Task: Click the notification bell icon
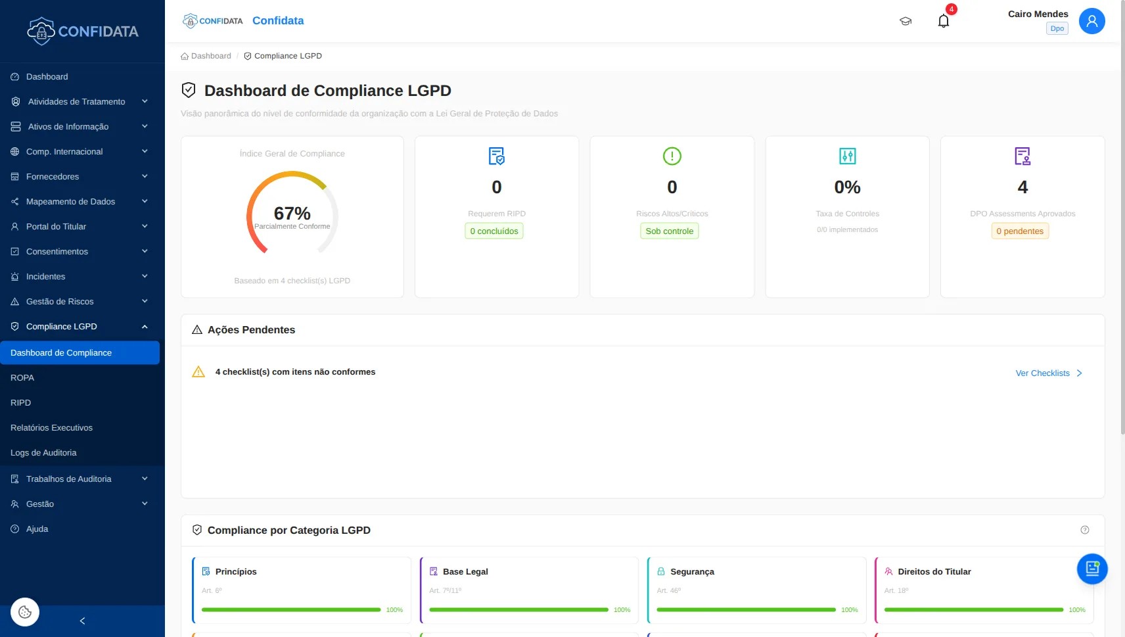[x=944, y=21]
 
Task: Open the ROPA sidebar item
[x=22, y=378]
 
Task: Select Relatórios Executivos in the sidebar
[x=51, y=428]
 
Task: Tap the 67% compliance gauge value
[x=292, y=214]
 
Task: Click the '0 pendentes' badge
[x=1020, y=231]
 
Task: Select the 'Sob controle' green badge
[x=669, y=231]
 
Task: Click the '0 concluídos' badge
[x=494, y=231]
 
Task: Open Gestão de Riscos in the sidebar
[x=60, y=302]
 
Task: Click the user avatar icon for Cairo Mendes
[x=1091, y=21]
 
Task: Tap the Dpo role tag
[x=1057, y=28]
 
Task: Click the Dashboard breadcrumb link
[x=210, y=56]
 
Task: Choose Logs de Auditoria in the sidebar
[x=43, y=453]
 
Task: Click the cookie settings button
[x=25, y=612]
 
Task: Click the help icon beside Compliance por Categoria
[x=1085, y=530]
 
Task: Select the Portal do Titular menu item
[x=56, y=227]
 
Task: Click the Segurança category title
[x=692, y=572]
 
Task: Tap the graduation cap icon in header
[x=906, y=21]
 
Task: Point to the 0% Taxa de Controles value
[x=847, y=187]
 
